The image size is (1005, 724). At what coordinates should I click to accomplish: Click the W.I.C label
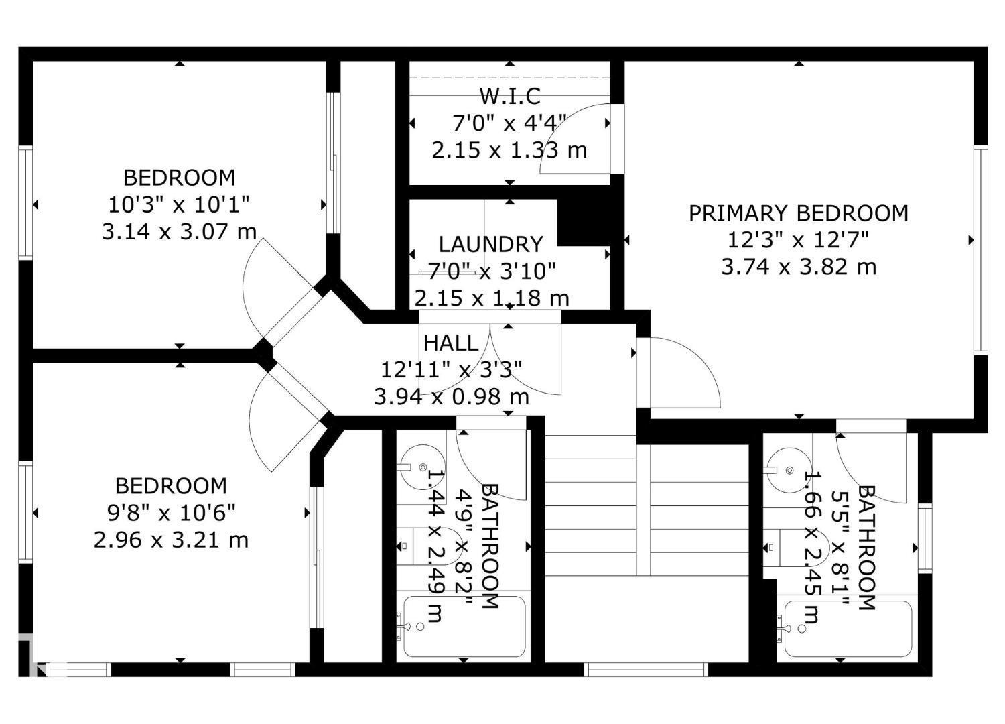coord(510,97)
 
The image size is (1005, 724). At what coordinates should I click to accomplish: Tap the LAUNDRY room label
coord(490,244)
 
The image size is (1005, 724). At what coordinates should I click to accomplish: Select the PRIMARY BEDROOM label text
coord(799,213)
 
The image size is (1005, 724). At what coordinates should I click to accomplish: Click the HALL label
coord(451,343)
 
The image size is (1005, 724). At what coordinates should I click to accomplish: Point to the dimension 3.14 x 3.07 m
coord(179,232)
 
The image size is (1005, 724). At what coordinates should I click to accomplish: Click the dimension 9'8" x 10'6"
coord(172,513)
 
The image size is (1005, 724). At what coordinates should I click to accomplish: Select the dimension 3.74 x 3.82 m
coord(799,267)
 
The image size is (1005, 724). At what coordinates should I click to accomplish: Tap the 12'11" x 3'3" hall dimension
coord(451,369)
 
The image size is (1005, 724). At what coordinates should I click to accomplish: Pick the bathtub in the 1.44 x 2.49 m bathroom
coord(464,626)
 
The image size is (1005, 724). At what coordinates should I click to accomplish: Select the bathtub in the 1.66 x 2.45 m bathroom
coord(848,629)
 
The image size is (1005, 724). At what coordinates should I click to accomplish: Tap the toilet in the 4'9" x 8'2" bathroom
coord(429,546)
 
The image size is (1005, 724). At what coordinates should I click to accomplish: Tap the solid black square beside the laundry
coord(584,222)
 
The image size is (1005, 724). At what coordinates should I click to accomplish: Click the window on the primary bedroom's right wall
coord(981,249)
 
